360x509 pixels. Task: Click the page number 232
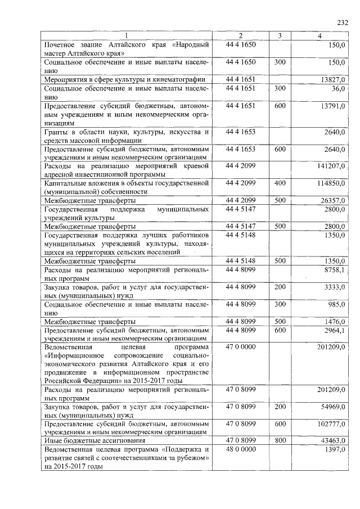[343, 23]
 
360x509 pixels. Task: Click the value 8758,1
[335, 270]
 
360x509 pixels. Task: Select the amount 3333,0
[335, 287]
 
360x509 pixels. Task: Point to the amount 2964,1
[335, 331]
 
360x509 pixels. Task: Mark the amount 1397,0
[335, 449]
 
